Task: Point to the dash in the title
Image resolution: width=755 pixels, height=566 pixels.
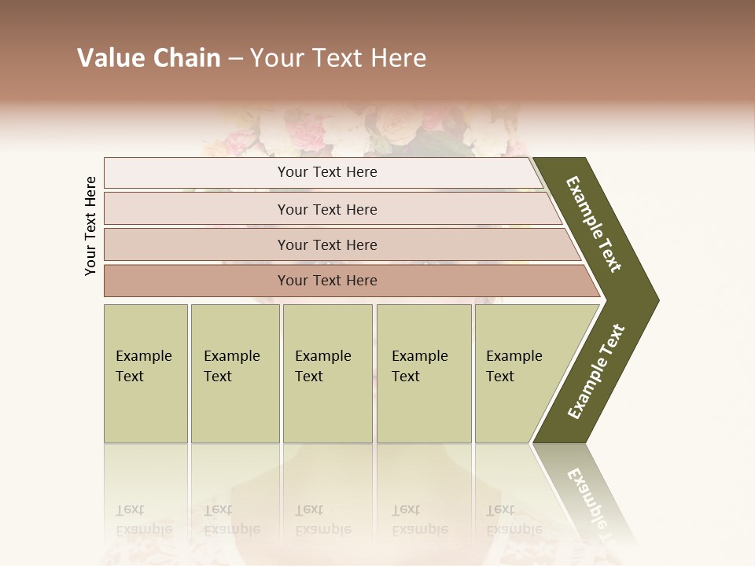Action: pyautogui.click(x=235, y=59)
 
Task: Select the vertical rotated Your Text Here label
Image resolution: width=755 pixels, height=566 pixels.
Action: pyautogui.click(x=90, y=226)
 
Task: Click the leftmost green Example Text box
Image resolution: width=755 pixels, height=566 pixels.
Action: pyautogui.click(x=145, y=373)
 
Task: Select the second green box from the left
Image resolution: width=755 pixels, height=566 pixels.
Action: pyautogui.click(x=234, y=373)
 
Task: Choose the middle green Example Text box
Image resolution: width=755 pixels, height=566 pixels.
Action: pyautogui.click(x=327, y=373)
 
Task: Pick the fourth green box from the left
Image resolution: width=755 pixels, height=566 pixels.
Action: pyautogui.click(x=423, y=373)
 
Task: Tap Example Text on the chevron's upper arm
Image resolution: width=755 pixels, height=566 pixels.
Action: pyautogui.click(x=594, y=225)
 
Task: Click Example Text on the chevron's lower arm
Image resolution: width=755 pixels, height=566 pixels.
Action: pyautogui.click(x=595, y=372)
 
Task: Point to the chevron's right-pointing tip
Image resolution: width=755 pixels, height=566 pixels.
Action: pyautogui.click(x=654, y=300)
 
